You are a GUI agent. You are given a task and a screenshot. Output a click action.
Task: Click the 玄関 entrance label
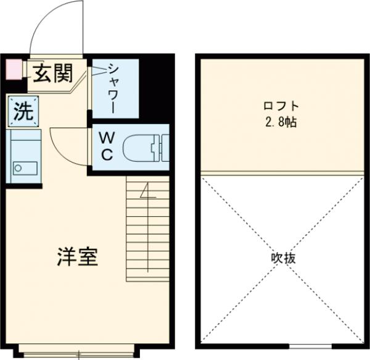click(52, 73)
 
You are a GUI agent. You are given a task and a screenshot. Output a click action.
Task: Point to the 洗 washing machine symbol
click(23, 112)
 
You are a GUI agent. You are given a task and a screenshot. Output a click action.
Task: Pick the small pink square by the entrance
click(12, 69)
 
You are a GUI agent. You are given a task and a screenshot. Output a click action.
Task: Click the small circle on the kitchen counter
click(17, 166)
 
